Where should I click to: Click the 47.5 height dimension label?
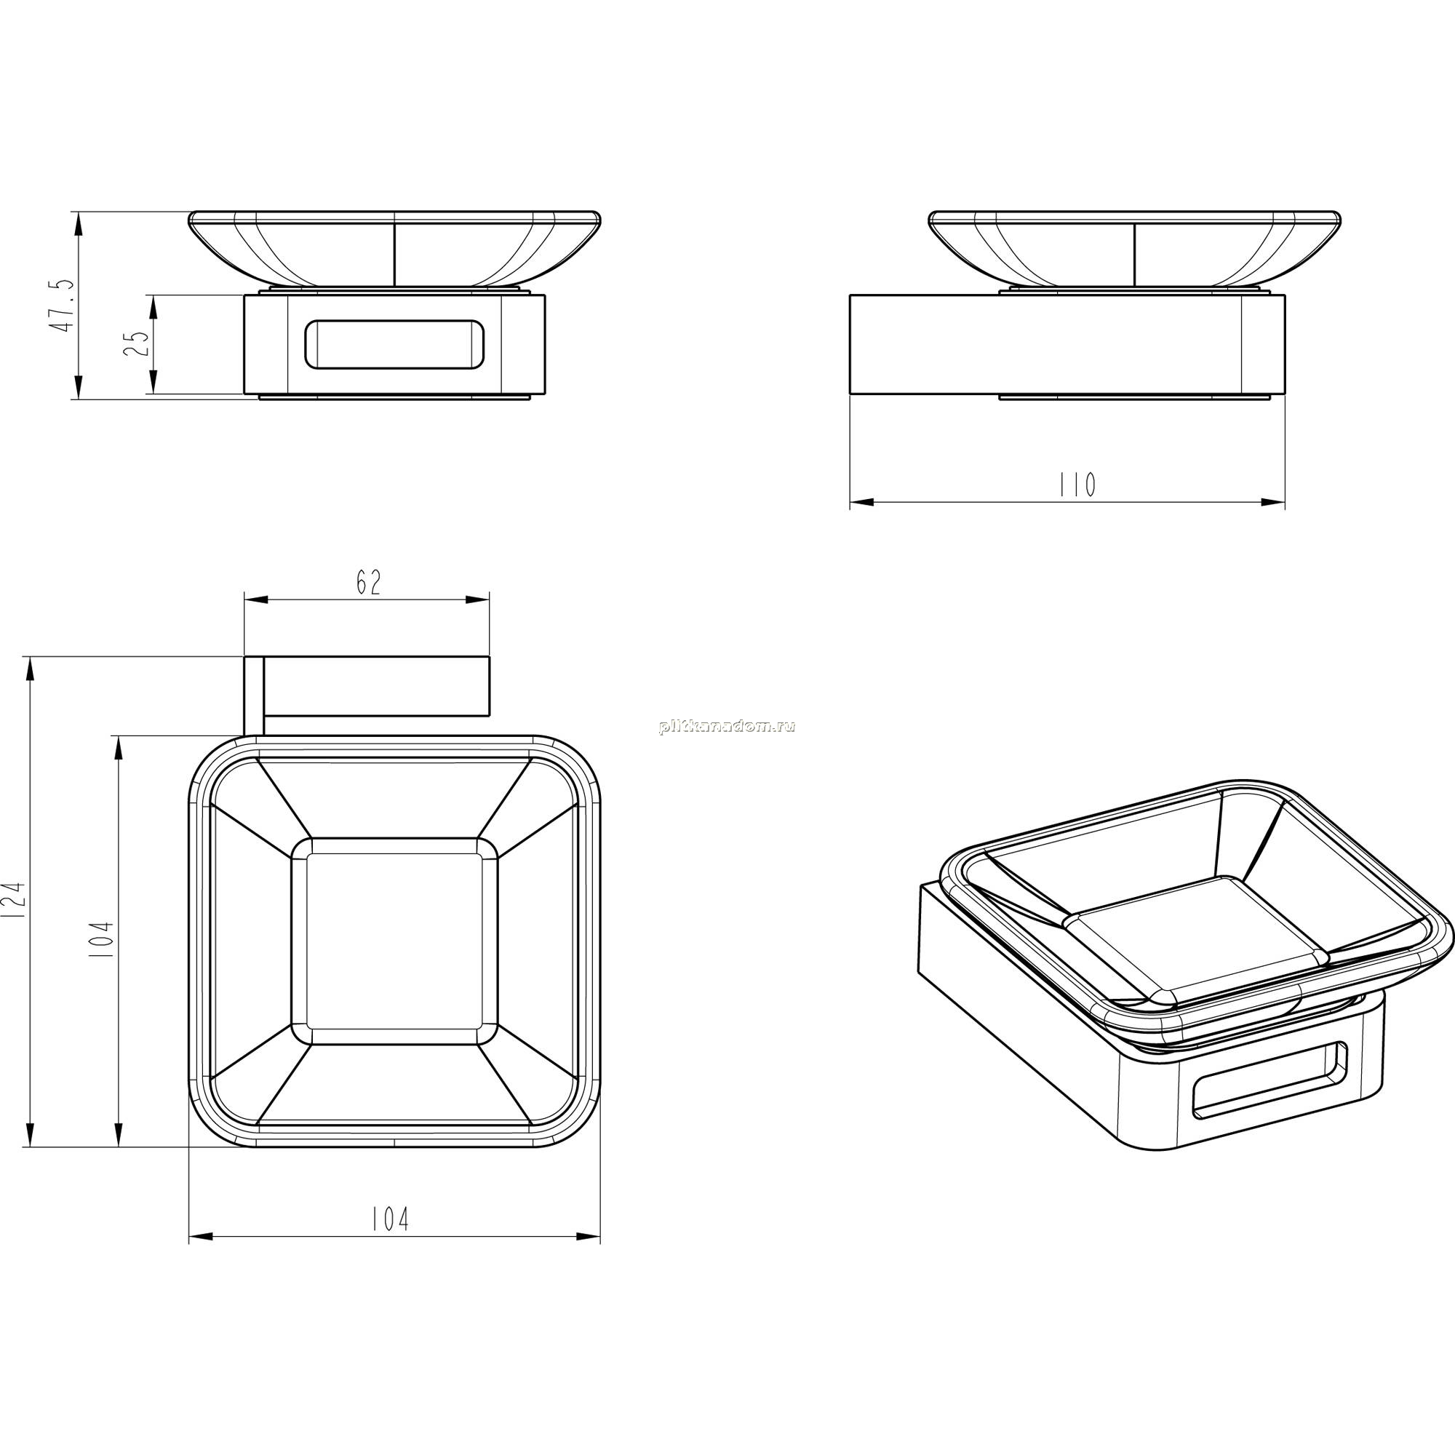click(x=63, y=304)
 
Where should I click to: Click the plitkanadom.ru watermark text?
click(x=727, y=726)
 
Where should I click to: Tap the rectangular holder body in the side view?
click(x=1067, y=344)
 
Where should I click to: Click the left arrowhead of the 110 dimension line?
click(x=862, y=501)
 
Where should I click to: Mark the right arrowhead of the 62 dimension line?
click(x=477, y=600)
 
